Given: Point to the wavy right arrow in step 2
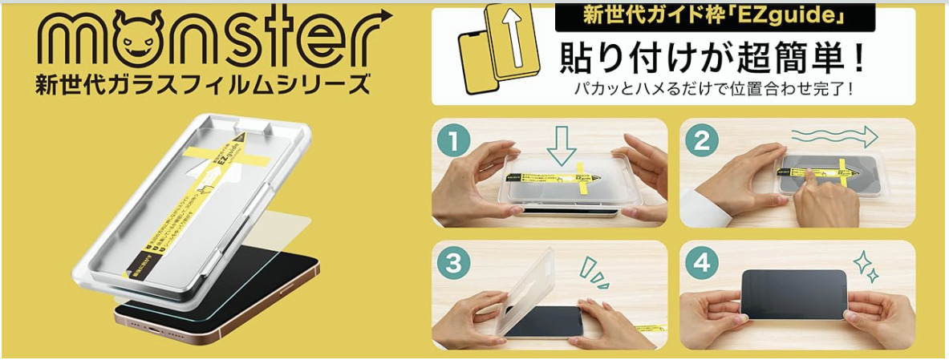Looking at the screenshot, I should (830, 136).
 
